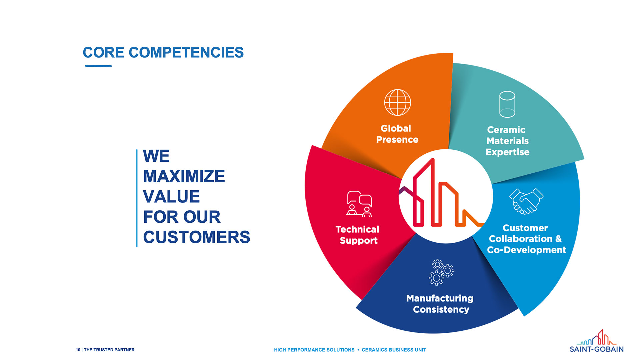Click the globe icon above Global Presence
(397, 102)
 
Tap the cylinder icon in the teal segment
(507, 104)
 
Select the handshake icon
(526, 201)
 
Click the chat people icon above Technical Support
(359, 204)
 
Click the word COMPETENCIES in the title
(186, 53)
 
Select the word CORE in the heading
(103, 53)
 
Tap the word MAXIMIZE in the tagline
(184, 176)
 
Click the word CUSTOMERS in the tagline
(196, 237)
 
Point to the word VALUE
(171, 197)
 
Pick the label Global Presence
(397, 134)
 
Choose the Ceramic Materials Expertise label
(507, 141)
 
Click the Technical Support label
(358, 235)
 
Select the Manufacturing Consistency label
(440, 304)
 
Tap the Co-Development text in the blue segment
(527, 250)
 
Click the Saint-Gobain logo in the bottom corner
(597, 341)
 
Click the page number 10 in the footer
(78, 350)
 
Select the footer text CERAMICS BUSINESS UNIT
(394, 350)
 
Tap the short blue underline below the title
(98, 66)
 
